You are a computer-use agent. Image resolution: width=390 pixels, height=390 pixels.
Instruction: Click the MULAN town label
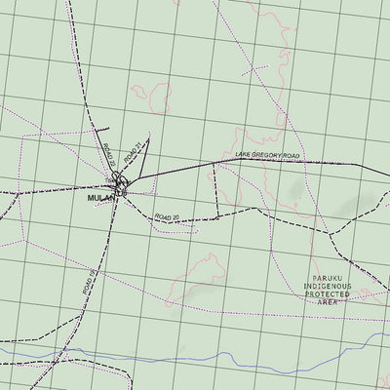pyautogui.click(x=100, y=195)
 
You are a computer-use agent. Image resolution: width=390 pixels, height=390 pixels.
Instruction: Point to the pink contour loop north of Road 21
pyautogui.click(x=145, y=96)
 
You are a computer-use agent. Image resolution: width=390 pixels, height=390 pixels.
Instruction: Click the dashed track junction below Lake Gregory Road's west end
pyautogui.click(x=214, y=165)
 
